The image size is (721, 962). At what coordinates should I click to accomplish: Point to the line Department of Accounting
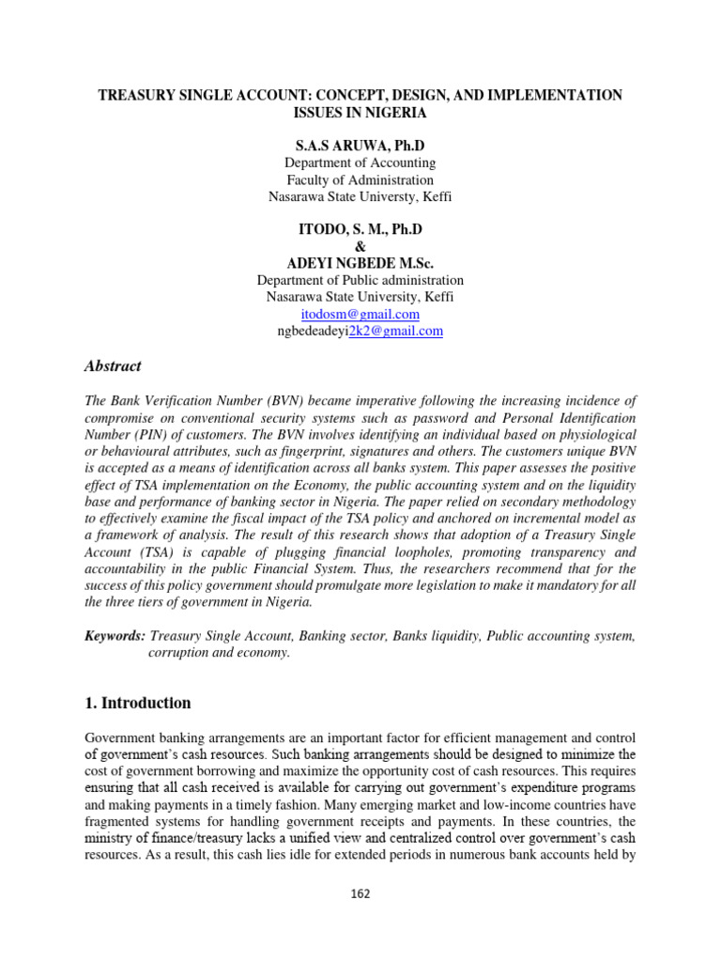pos(360,163)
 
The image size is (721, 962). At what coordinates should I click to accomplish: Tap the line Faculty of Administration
pos(360,179)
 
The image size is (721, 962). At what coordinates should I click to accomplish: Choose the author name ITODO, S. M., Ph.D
pos(360,229)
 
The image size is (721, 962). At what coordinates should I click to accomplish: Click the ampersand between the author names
pos(360,246)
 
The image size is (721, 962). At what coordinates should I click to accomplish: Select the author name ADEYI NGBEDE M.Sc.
pos(360,263)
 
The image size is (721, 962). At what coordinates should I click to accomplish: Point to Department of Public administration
pos(360,280)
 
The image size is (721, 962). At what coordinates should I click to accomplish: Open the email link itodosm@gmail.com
pos(360,314)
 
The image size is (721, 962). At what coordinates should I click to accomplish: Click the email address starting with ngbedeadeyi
pos(360,331)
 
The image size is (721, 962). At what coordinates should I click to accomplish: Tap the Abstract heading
pos(113,366)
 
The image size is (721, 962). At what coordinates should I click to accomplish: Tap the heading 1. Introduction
pos(138,703)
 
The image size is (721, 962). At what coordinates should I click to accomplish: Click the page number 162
pos(360,893)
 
